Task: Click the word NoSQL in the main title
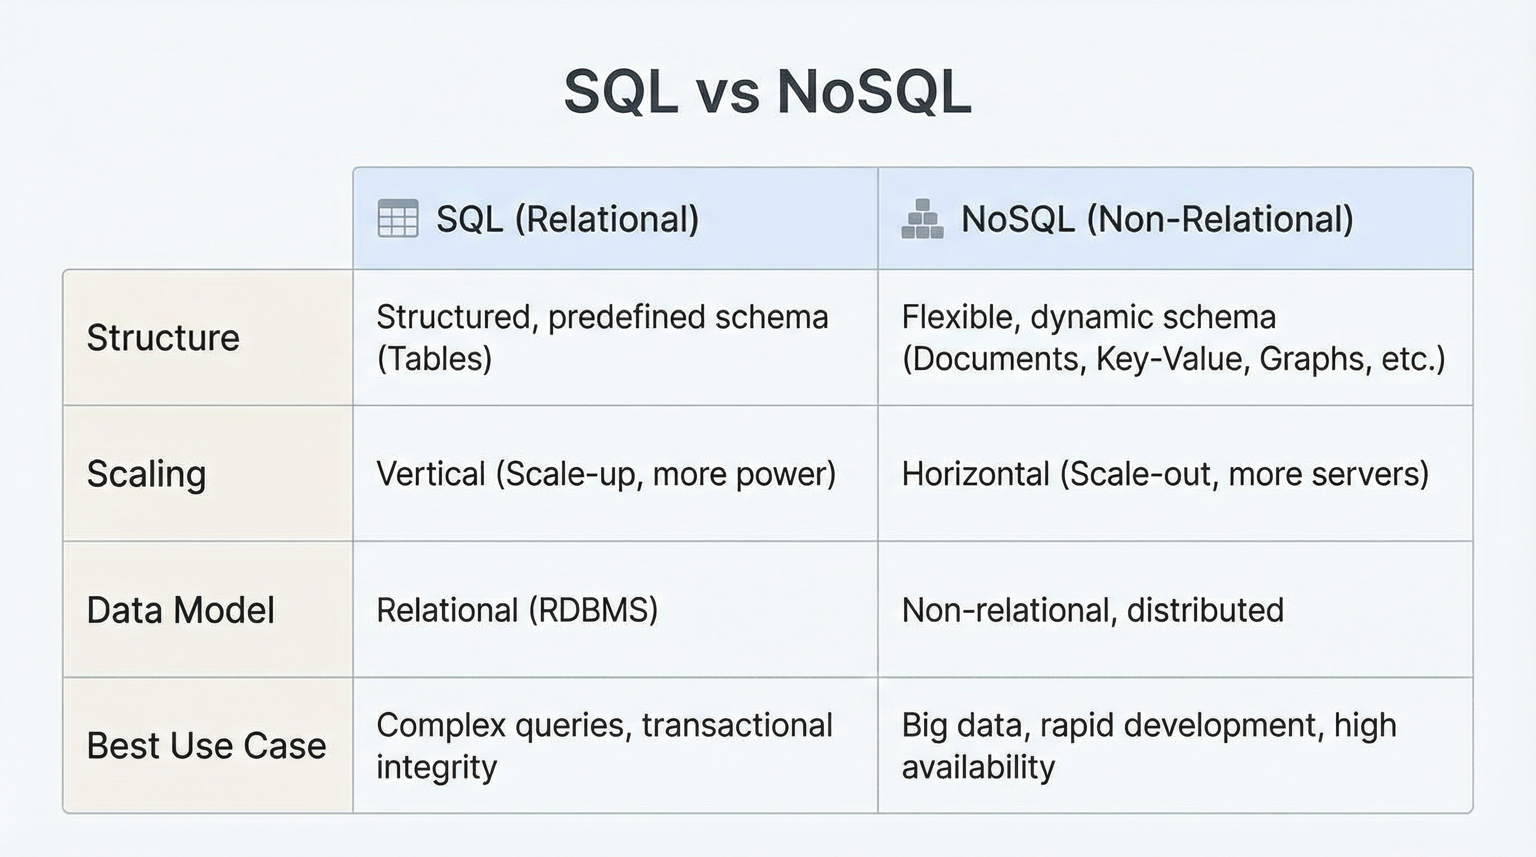pyautogui.click(x=875, y=93)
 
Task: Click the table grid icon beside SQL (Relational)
pyautogui.click(x=398, y=219)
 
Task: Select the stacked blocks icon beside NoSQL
pyautogui.click(x=922, y=219)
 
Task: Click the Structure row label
pyautogui.click(x=163, y=338)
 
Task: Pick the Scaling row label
pyautogui.click(x=147, y=474)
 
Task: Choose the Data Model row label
pyautogui.click(x=181, y=610)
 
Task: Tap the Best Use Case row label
pyautogui.click(x=207, y=746)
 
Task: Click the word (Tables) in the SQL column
pyautogui.click(x=434, y=359)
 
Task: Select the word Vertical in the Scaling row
pyautogui.click(x=430, y=474)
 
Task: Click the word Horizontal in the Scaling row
pyautogui.click(x=976, y=474)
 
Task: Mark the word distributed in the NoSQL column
pyautogui.click(x=1205, y=610)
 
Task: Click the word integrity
pyautogui.click(x=436, y=768)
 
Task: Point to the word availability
pyautogui.click(x=978, y=768)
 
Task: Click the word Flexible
pyautogui.click(x=957, y=317)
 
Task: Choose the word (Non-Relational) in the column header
pyautogui.click(x=1220, y=219)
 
